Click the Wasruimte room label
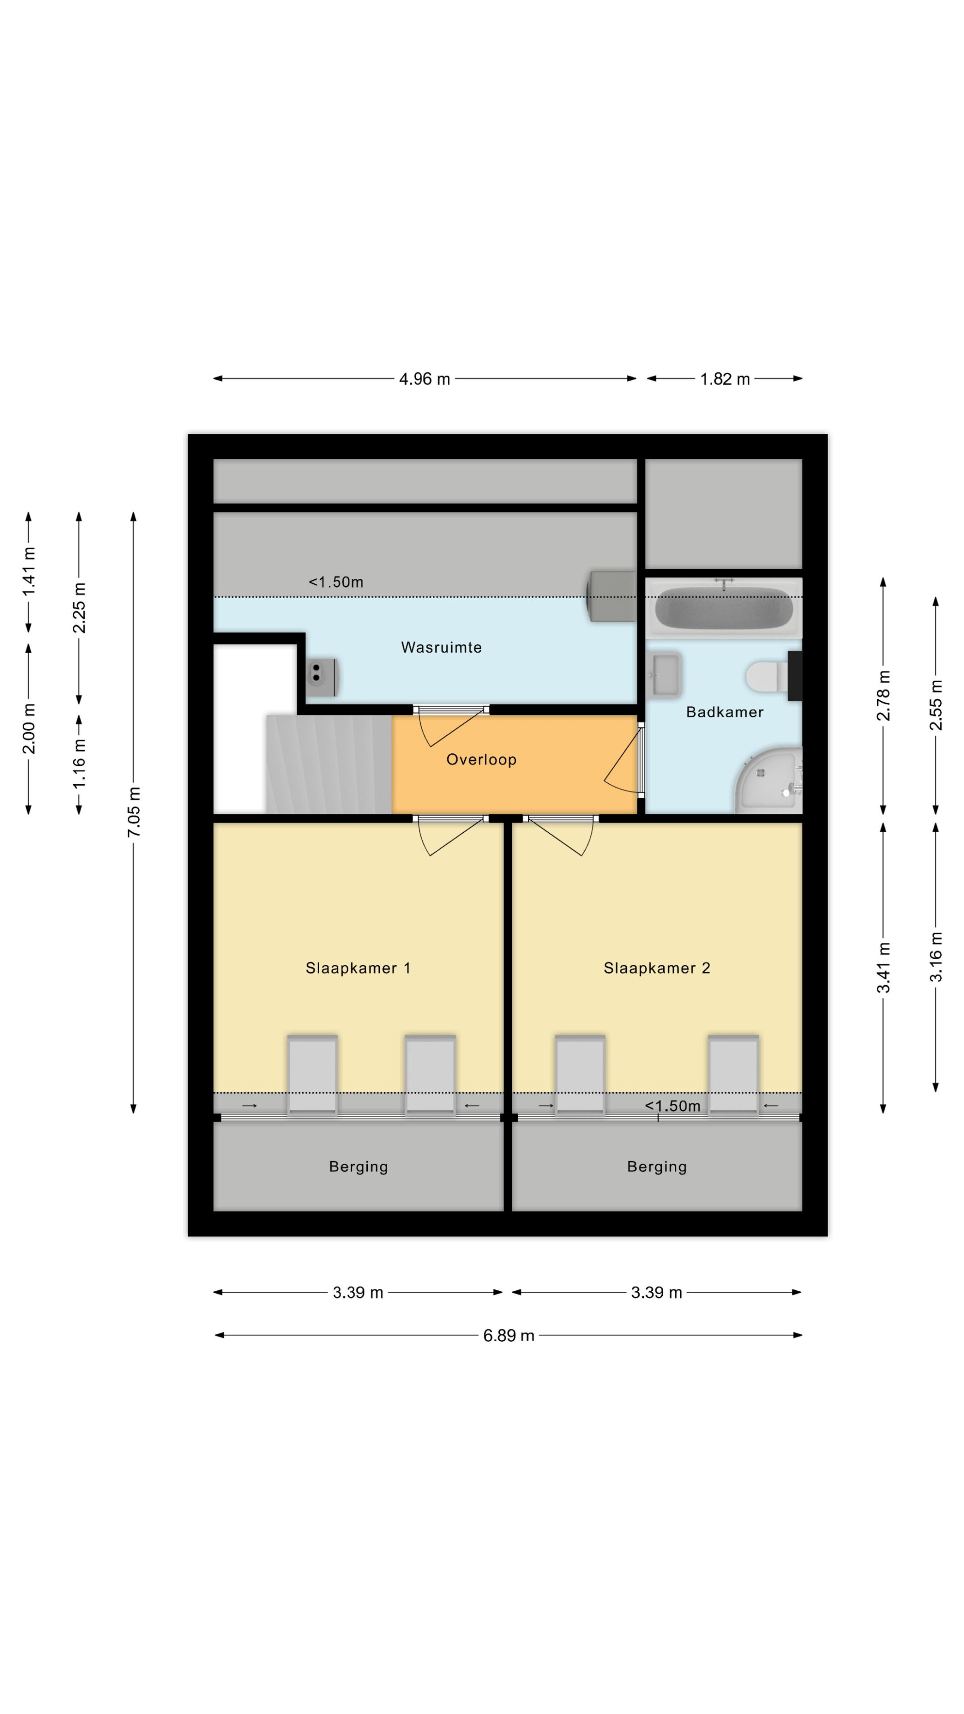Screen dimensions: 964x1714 pyautogui.click(x=441, y=647)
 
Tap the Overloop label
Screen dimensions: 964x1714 pyautogui.click(x=481, y=759)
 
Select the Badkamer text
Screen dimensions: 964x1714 pyautogui.click(x=724, y=712)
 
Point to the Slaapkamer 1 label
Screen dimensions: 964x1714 pyautogui.click(x=358, y=968)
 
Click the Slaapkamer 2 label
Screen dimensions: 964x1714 pyautogui.click(x=656, y=968)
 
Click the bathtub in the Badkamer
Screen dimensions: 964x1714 pyautogui.click(x=724, y=607)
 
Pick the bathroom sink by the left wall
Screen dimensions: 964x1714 pyautogui.click(x=665, y=675)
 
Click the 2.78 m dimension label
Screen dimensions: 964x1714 pyautogui.click(x=883, y=696)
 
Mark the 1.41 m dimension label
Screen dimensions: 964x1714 pyautogui.click(x=28, y=572)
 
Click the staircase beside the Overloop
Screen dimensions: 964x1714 pyautogui.click(x=329, y=764)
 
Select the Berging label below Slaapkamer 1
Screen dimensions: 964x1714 pyautogui.click(x=358, y=1166)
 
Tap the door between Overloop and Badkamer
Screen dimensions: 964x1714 pyautogui.click(x=624, y=759)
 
